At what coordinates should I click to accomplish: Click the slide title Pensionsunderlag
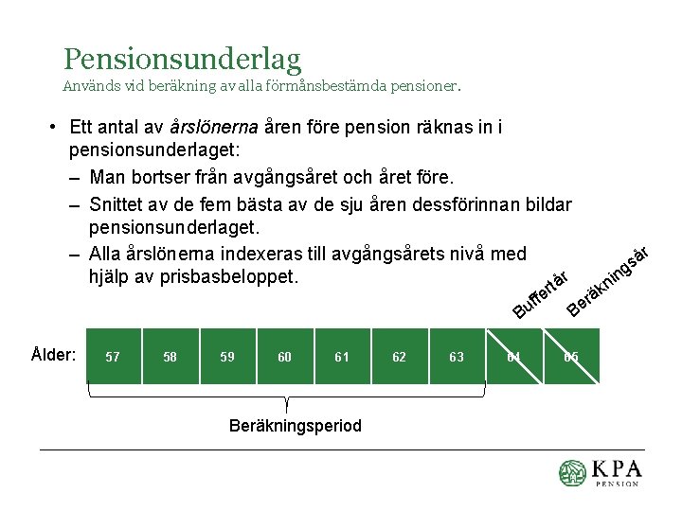point(182,59)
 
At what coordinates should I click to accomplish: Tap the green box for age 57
point(113,356)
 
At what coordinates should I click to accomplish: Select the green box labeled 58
point(170,356)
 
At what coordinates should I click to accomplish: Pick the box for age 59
point(227,356)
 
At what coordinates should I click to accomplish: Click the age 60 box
point(285,356)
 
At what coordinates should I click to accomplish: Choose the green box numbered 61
point(342,356)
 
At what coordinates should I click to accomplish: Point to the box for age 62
point(400,356)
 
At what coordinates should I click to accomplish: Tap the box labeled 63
point(457,356)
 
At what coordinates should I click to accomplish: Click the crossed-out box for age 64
point(514,356)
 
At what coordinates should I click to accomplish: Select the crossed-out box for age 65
point(571,356)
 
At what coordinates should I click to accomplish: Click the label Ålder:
point(53,355)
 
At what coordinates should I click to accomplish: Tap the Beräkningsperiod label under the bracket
point(296,425)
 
